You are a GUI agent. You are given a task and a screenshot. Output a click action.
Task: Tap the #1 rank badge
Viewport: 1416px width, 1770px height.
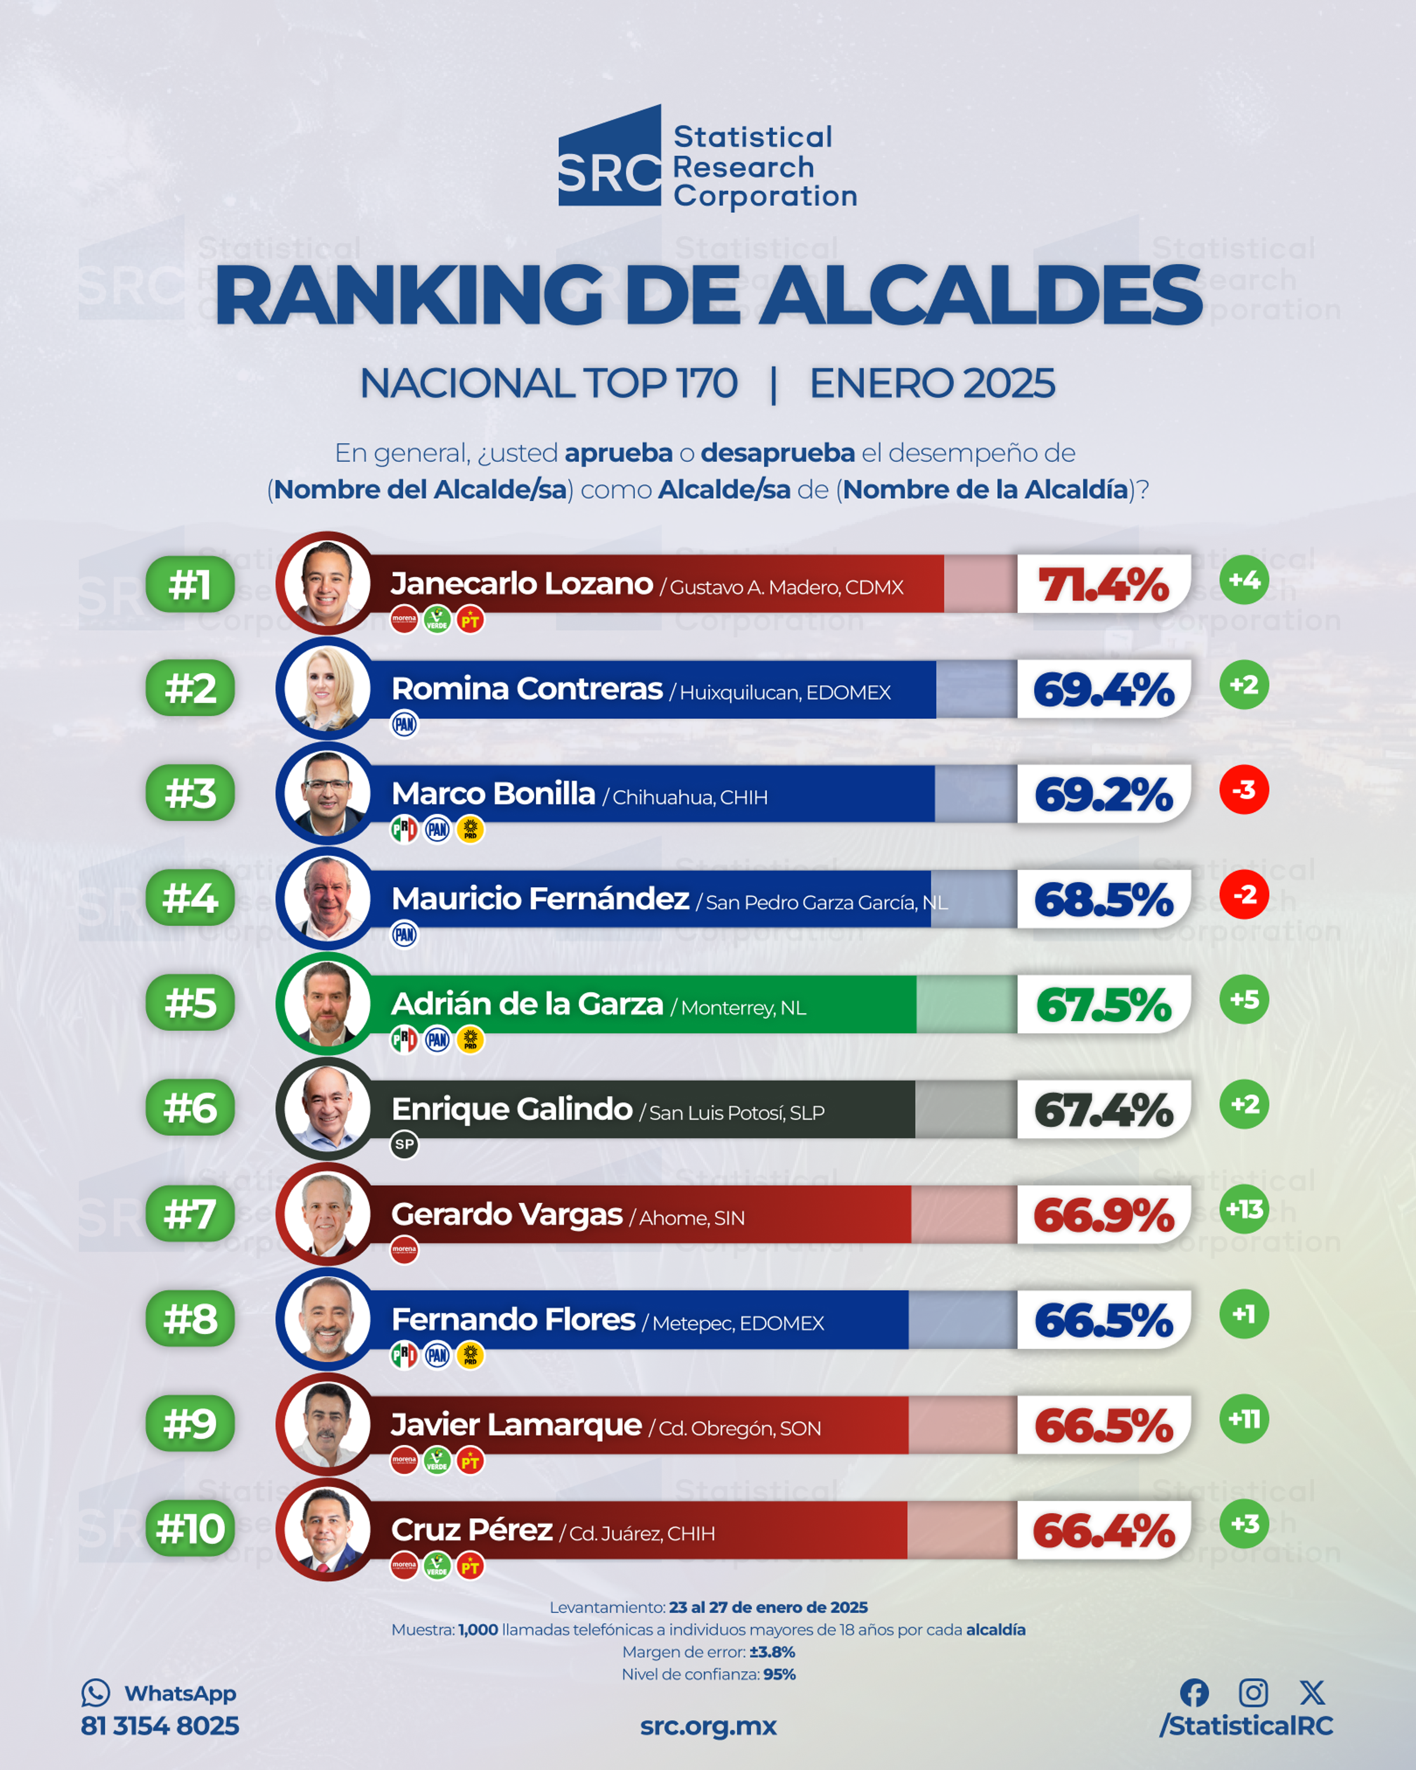190,584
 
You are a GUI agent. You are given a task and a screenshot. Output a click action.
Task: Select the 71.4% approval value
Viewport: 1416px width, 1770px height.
1103,584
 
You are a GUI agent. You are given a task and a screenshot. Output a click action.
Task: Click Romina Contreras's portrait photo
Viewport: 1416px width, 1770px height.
327,689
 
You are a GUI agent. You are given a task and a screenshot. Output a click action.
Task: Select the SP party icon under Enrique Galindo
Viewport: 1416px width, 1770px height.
404,1145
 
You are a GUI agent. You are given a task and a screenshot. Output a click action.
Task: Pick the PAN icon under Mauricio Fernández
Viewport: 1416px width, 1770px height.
404,934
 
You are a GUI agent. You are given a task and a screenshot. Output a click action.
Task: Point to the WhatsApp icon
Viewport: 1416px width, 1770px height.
95,1693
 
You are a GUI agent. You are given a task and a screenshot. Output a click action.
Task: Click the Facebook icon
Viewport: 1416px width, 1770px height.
1194,1693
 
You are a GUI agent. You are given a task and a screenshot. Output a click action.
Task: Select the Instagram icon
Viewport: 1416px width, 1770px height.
1253,1693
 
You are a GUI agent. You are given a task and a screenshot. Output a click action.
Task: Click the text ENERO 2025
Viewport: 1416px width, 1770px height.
932,383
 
